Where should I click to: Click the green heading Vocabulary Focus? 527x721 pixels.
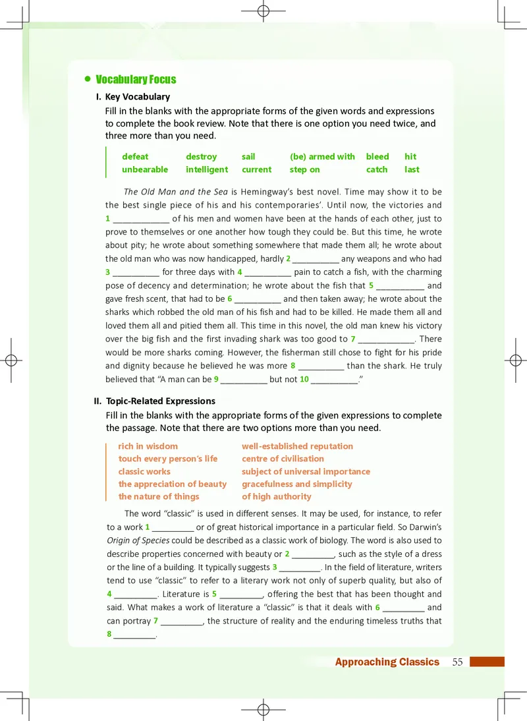(136, 80)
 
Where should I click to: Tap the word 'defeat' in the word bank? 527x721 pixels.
(135, 157)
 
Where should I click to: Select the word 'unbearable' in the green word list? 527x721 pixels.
(145, 169)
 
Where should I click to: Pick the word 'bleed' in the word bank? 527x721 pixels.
(377, 157)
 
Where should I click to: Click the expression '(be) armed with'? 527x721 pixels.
(322, 157)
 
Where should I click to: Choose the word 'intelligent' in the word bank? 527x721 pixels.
(207, 169)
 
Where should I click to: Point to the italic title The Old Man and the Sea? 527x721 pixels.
(175, 192)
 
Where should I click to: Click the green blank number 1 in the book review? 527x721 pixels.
(107, 219)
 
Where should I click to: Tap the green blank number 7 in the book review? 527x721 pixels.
(353, 339)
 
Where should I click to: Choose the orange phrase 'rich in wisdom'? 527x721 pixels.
(148, 446)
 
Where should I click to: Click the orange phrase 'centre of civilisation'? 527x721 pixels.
(283, 459)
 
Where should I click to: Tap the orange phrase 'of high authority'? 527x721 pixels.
(276, 496)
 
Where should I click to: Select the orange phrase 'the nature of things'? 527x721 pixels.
(158, 496)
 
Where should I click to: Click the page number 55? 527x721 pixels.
(458, 662)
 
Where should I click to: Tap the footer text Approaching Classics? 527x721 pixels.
(387, 662)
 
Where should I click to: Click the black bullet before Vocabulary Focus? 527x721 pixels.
(87, 79)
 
